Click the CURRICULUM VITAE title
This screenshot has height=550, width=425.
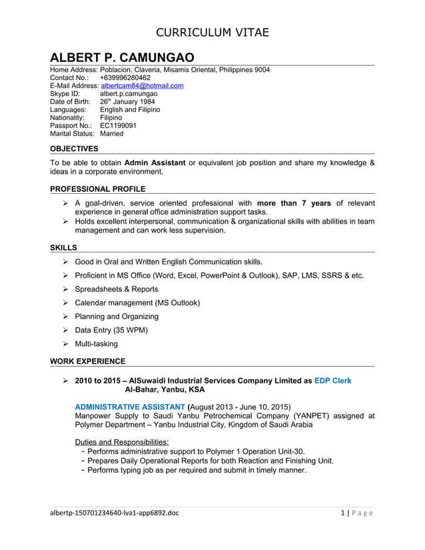pyautogui.click(x=212, y=32)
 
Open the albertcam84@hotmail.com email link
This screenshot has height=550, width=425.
pyautogui.click(x=142, y=86)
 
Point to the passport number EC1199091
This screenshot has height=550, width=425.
pyautogui.click(x=118, y=125)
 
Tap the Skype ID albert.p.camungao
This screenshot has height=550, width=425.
pyautogui.click(x=129, y=94)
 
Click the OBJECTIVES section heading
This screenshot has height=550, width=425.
pyautogui.click(x=74, y=148)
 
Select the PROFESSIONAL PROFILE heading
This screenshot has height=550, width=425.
pyautogui.click(x=97, y=189)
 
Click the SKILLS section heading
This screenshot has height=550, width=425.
pyautogui.click(x=63, y=248)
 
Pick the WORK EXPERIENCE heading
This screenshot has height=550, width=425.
pyautogui.click(x=87, y=361)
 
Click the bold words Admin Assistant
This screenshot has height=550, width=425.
pyautogui.click(x=155, y=162)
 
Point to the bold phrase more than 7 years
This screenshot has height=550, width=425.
pyautogui.click(x=293, y=203)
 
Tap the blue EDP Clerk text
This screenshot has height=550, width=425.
pyautogui.click(x=332, y=380)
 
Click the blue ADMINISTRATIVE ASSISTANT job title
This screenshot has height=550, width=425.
pyautogui.click(x=130, y=406)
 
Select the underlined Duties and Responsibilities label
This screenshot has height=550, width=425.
pyautogui.click(x=122, y=441)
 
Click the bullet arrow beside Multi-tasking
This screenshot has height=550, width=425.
pyautogui.click(x=66, y=344)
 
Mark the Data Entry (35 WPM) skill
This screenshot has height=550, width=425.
pyautogui.click(x=111, y=330)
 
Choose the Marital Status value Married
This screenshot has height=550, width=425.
pyautogui.click(x=111, y=133)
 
